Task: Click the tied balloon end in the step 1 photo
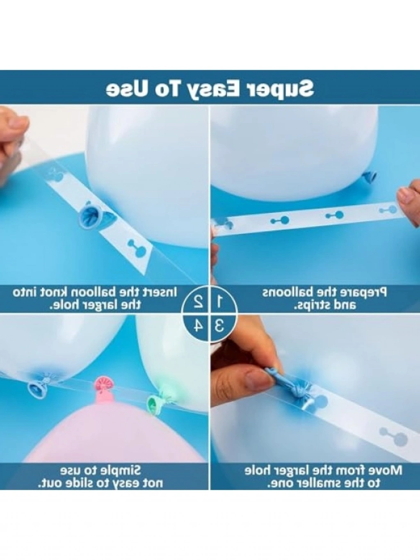(x=368, y=176)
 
